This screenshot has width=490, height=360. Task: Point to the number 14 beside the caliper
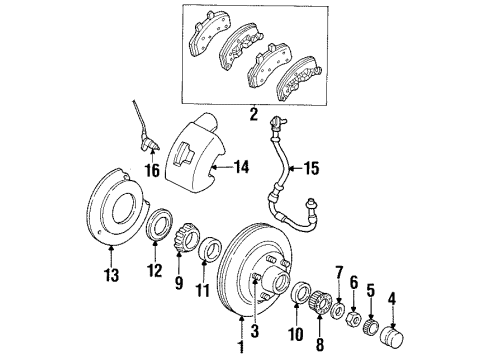240,168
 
